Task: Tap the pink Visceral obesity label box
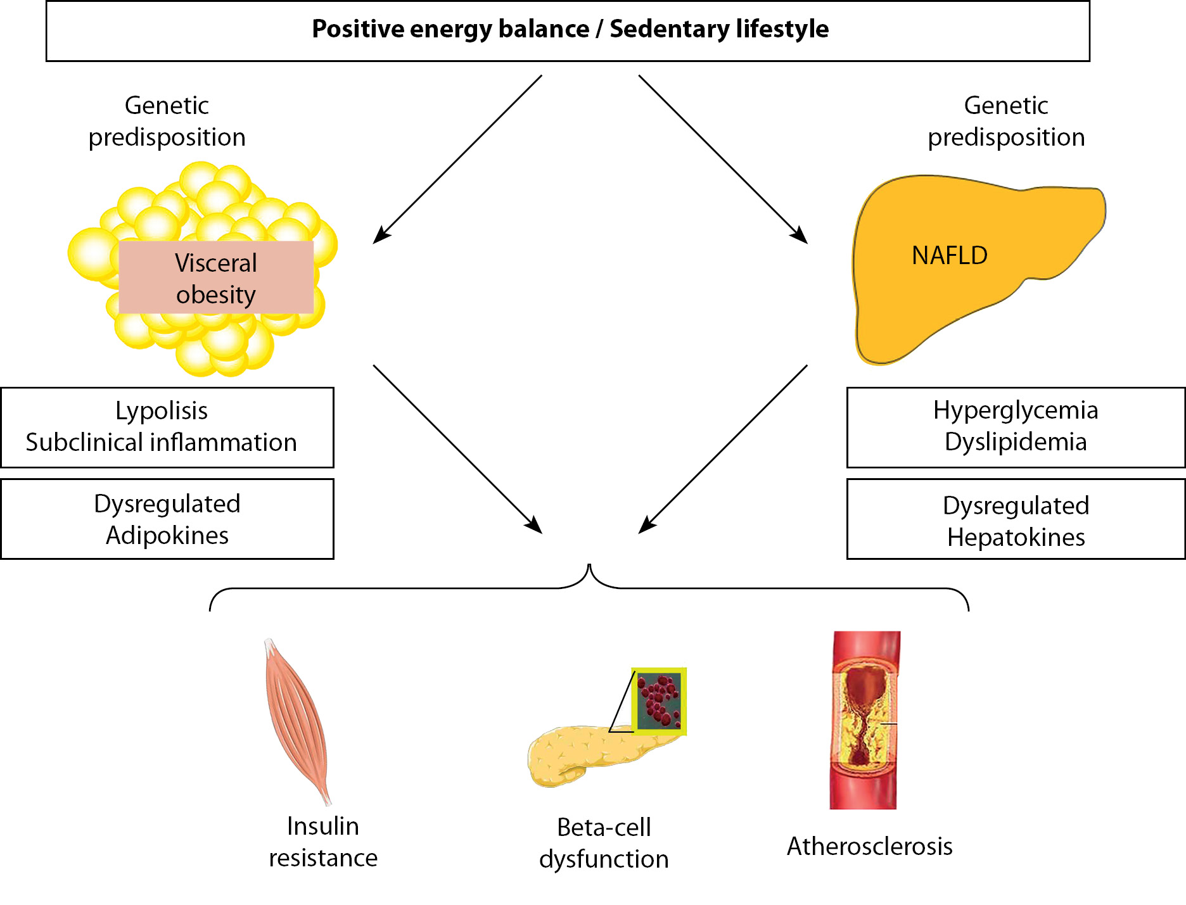coord(216,278)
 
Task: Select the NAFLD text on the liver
coord(949,255)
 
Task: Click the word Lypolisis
coord(162,410)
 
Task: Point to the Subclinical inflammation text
coord(161,442)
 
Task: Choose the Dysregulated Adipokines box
coord(167,519)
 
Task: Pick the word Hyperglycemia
coord(1015,410)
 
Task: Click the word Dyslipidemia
coord(1015,442)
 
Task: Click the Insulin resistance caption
coord(323,842)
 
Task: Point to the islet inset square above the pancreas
coord(659,700)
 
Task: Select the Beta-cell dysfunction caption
coord(604,843)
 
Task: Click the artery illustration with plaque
coord(865,719)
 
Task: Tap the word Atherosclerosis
coord(869,846)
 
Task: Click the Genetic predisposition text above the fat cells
coord(167,121)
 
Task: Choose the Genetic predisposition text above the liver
coord(1006,121)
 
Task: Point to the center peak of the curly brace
coord(590,566)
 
